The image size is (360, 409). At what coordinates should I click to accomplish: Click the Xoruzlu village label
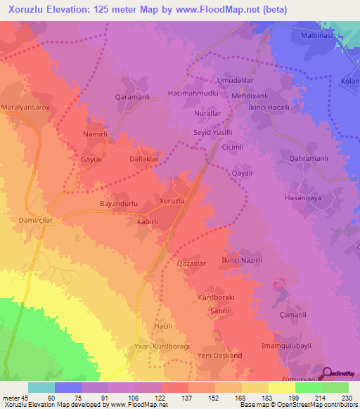pos(172,201)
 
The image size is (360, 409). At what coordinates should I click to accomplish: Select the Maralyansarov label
pos(27,108)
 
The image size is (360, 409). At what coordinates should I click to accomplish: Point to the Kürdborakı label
pos(214,297)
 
